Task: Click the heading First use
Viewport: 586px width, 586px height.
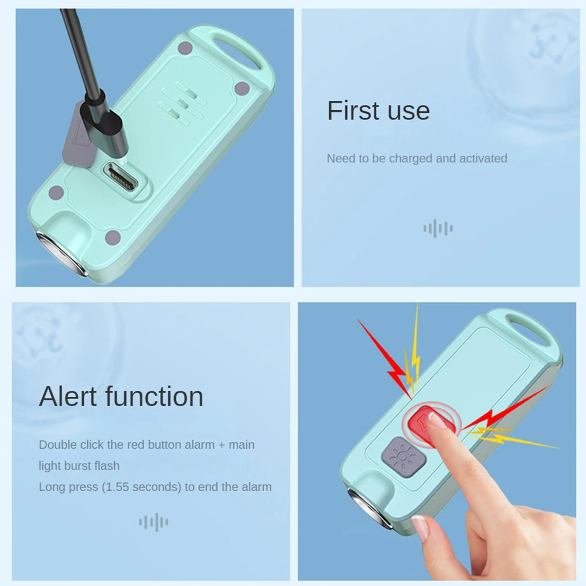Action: click(378, 110)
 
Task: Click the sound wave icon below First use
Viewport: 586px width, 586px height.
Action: click(438, 229)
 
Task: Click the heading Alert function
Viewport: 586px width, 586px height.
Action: click(121, 397)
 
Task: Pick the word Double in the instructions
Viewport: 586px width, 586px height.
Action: click(57, 445)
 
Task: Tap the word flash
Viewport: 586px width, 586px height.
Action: click(108, 466)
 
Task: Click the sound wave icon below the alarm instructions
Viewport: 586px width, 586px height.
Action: click(154, 522)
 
